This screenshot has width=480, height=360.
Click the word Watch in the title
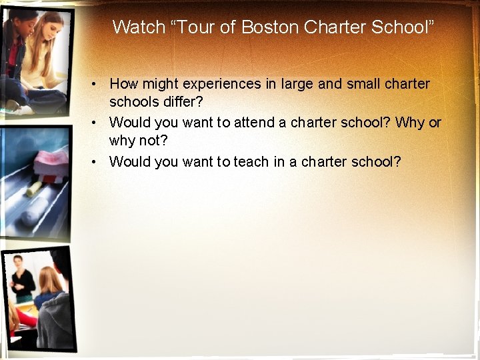(139, 27)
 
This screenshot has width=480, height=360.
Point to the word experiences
(223, 85)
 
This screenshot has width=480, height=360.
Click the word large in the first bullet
(297, 85)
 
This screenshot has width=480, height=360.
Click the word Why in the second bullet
(410, 123)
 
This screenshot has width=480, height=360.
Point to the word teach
(251, 161)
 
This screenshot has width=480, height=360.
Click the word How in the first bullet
(123, 85)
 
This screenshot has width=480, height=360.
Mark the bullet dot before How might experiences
(97, 85)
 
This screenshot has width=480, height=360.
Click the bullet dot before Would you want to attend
(97, 123)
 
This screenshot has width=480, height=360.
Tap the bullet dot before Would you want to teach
(97, 161)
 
